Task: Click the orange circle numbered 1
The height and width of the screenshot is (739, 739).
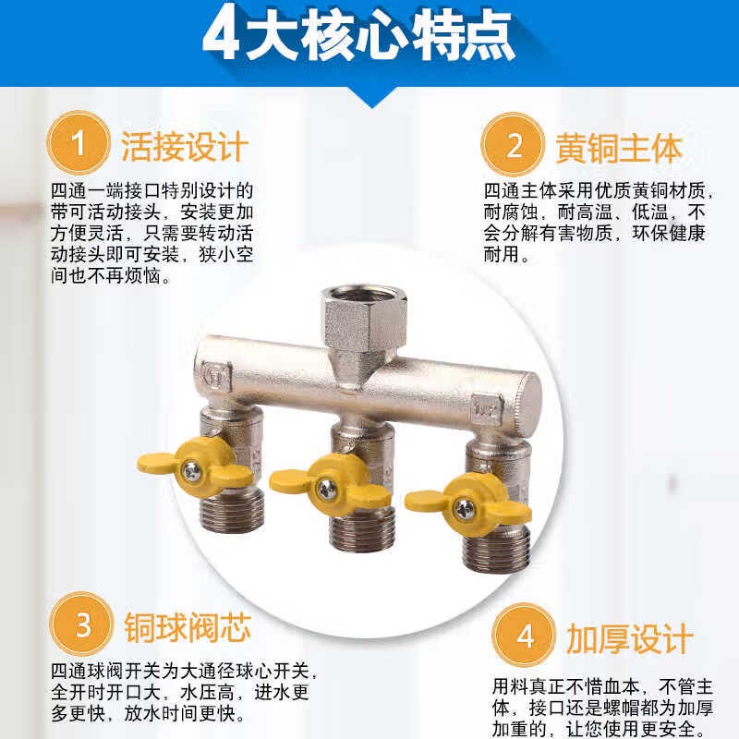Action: click(x=79, y=142)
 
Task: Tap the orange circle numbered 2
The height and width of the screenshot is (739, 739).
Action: click(x=513, y=144)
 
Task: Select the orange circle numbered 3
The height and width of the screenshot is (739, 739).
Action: click(x=81, y=624)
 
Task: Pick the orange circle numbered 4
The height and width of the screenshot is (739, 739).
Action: click(x=524, y=636)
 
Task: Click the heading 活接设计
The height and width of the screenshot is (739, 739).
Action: click(x=184, y=147)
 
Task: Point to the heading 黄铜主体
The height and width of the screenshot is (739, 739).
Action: click(x=619, y=149)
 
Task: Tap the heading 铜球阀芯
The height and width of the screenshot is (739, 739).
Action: click(x=188, y=627)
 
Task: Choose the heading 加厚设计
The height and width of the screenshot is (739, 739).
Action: click(x=630, y=639)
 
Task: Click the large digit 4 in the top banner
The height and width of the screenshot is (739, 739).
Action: click(x=221, y=33)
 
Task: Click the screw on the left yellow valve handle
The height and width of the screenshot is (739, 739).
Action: click(x=191, y=470)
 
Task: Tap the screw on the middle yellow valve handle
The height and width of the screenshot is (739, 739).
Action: click(x=326, y=489)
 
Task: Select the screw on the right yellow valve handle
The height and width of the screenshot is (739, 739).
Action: click(x=464, y=508)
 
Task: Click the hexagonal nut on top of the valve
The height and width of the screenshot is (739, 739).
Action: click(x=364, y=316)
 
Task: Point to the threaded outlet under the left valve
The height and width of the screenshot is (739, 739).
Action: click(x=229, y=511)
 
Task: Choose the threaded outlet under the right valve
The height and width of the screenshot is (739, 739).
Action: click(x=496, y=548)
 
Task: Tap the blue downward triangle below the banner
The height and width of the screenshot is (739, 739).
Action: click(x=372, y=98)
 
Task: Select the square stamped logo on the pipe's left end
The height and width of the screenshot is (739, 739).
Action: click(x=216, y=375)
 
